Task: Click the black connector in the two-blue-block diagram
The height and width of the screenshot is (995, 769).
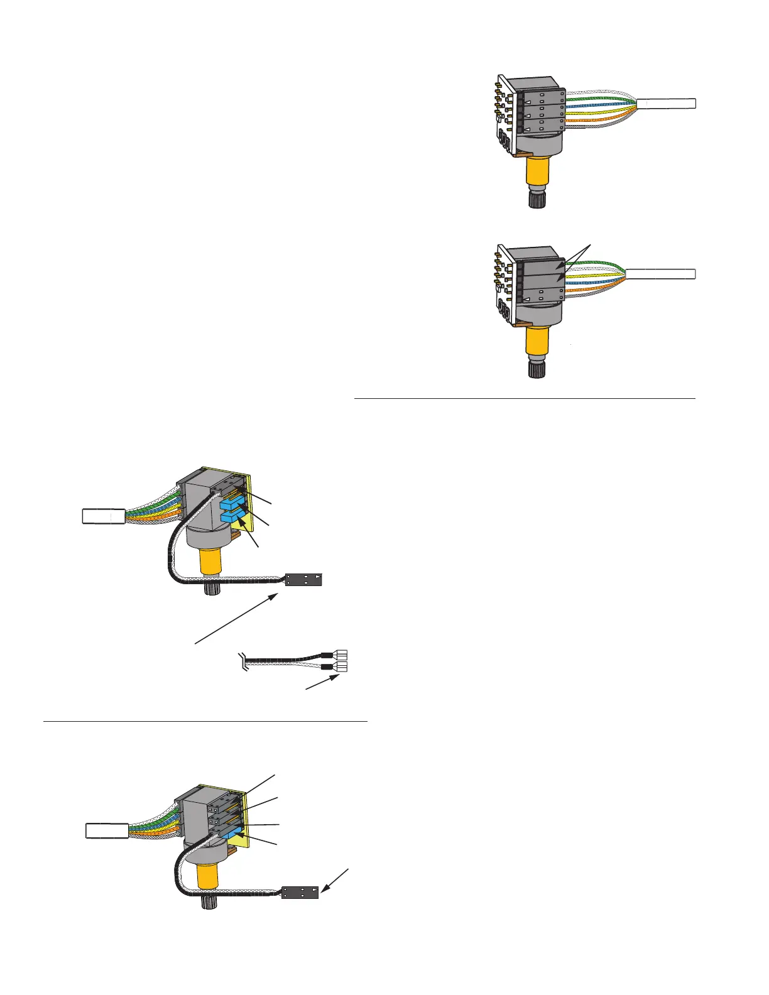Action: coord(303,579)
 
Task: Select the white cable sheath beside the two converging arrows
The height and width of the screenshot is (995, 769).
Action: coord(660,273)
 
